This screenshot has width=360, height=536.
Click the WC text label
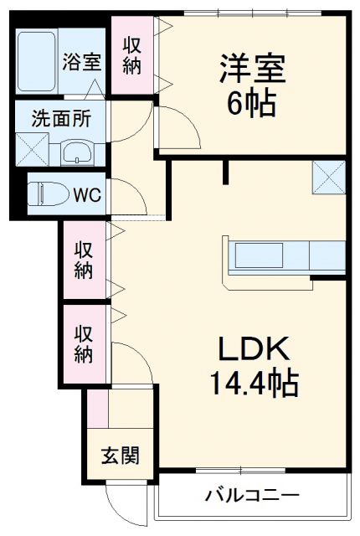[x=86, y=195]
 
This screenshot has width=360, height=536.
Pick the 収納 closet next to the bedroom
[x=132, y=54]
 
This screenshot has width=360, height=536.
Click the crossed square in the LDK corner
[x=328, y=178]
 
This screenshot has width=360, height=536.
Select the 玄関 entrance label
[x=120, y=456]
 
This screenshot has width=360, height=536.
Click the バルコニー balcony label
[x=252, y=496]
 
